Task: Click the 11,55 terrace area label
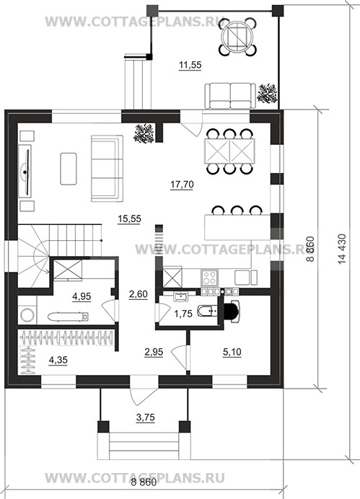pos(190,65)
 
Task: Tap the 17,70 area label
pos(182,185)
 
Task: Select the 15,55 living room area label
pos(129,219)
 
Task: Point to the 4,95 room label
pos(82,296)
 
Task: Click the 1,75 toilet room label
pos(183,314)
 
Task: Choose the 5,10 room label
pos(232,353)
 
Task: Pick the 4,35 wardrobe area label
pos(58,360)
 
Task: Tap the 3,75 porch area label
pos(146,418)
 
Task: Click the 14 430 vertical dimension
pos(342,249)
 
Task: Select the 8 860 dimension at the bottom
pos(144,482)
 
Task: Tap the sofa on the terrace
pos(230,96)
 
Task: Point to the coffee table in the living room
pos(69,169)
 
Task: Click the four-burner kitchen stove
pos(210,277)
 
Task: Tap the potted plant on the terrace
pos(267,93)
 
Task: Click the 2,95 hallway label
pos(154,352)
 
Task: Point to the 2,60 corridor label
pos(139,294)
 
